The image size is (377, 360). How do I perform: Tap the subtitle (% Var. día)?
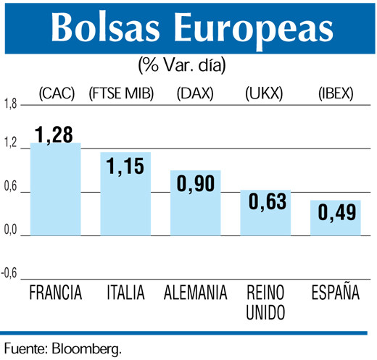click(x=182, y=64)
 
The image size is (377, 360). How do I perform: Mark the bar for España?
click(x=335, y=221)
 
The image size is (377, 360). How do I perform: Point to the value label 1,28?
click(x=55, y=134)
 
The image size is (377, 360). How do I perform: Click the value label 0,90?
click(x=195, y=183)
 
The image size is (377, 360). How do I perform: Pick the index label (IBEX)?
click(x=336, y=93)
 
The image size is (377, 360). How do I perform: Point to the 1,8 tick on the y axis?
click(x=9, y=105)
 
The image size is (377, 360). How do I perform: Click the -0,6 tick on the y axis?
click(x=9, y=273)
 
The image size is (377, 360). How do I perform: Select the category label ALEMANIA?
click(x=196, y=294)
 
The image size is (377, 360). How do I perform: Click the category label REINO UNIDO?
click(x=265, y=303)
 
